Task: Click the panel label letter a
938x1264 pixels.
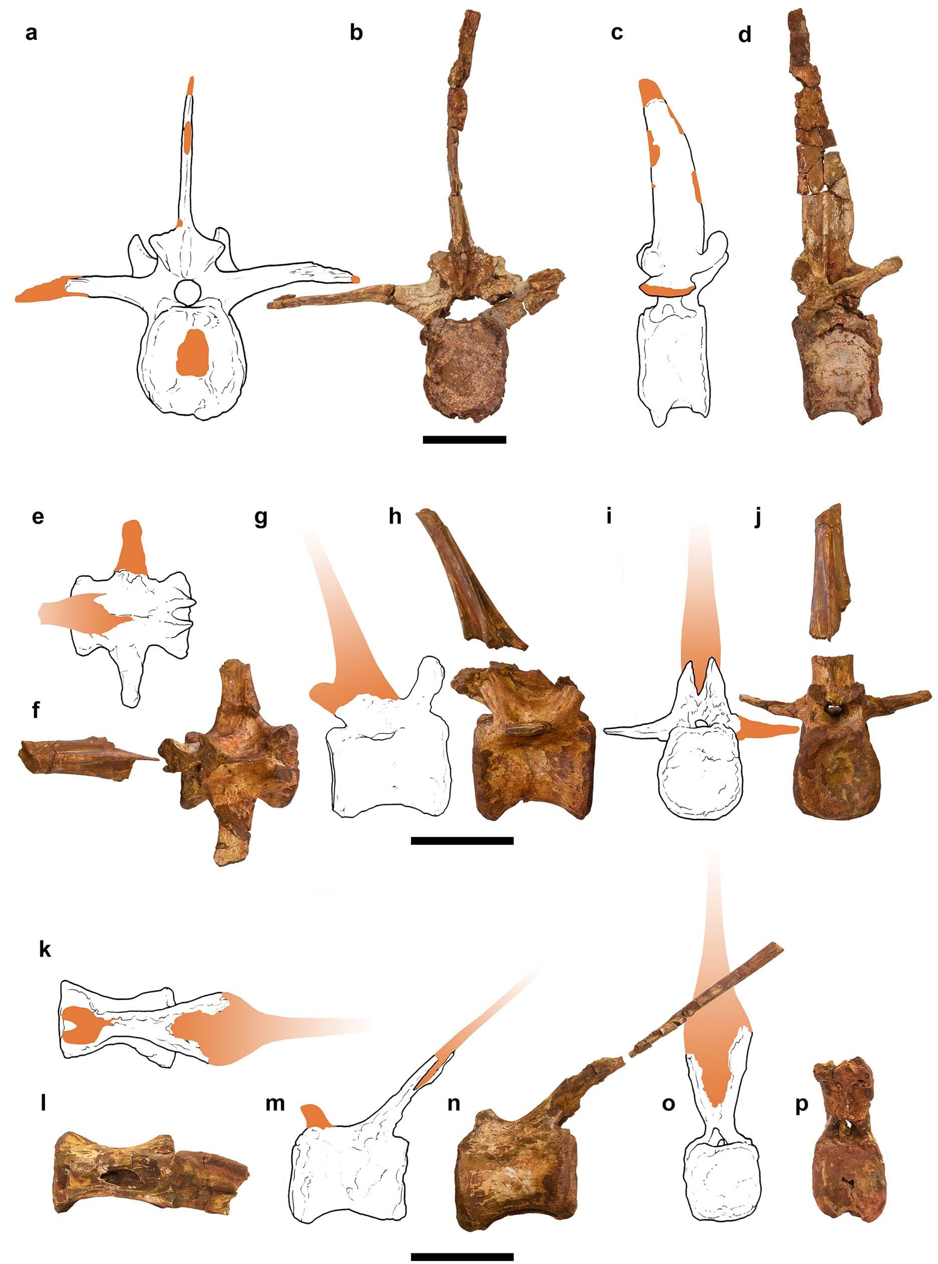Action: (x=31, y=33)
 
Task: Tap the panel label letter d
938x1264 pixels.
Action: (x=745, y=35)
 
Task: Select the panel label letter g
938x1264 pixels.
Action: (x=261, y=518)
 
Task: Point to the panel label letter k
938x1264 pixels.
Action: (x=45, y=950)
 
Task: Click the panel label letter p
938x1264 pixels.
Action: (x=801, y=1106)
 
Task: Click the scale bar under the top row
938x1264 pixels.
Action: (x=464, y=439)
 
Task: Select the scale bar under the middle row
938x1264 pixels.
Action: (x=461, y=841)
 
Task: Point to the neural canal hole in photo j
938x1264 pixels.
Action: (x=833, y=707)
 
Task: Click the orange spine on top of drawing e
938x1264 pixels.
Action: (x=132, y=547)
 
